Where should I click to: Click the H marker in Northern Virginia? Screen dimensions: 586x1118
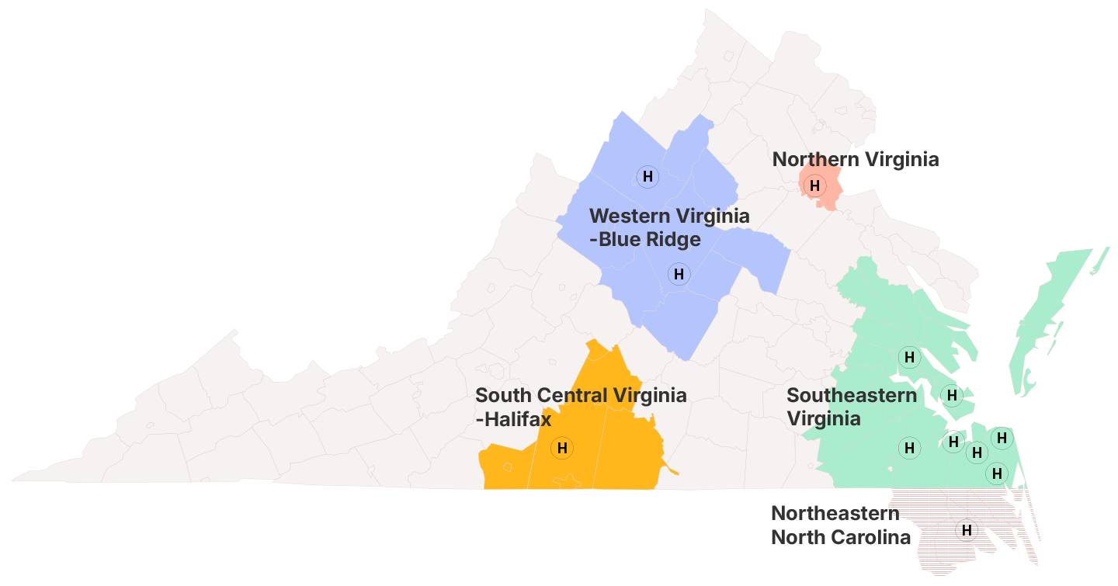point(814,186)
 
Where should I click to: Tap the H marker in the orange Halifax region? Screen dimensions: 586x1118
point(562,448)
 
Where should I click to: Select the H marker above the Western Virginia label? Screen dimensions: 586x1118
point(648,176)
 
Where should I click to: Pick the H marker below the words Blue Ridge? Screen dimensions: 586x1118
point(679,274)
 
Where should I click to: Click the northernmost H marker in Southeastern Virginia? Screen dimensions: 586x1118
point(909,357)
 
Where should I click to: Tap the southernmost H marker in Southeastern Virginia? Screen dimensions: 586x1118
point(996,473)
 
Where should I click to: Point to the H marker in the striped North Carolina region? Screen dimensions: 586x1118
point(967,528)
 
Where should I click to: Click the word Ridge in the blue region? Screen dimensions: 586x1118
point(675,239)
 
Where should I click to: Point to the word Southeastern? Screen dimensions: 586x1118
point(852,395)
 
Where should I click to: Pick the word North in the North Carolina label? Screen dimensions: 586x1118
point(797,537)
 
